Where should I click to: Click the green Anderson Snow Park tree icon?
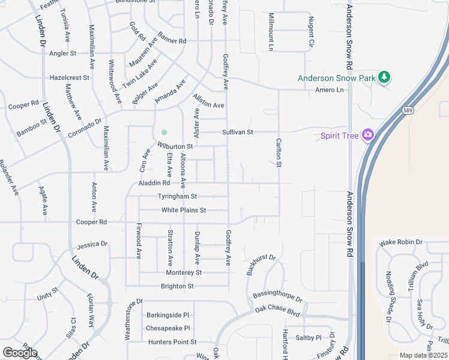[384, 77]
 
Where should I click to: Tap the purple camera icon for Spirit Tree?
[367, 135]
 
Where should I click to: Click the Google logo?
[20, 352]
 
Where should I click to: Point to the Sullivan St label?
[238, 132]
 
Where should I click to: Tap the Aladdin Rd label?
[154, 183]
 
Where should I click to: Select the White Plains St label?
[184, 210]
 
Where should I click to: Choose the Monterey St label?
[184, 272]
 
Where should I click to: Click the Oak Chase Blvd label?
[277, 310]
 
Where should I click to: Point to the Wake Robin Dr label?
[401, 242]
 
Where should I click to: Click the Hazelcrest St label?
[69, 77]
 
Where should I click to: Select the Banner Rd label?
[172, 41]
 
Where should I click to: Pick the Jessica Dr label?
[92, 245]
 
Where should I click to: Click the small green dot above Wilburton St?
[164, 133]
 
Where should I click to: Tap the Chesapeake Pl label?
[168, 328]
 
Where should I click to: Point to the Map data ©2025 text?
[423, 355]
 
